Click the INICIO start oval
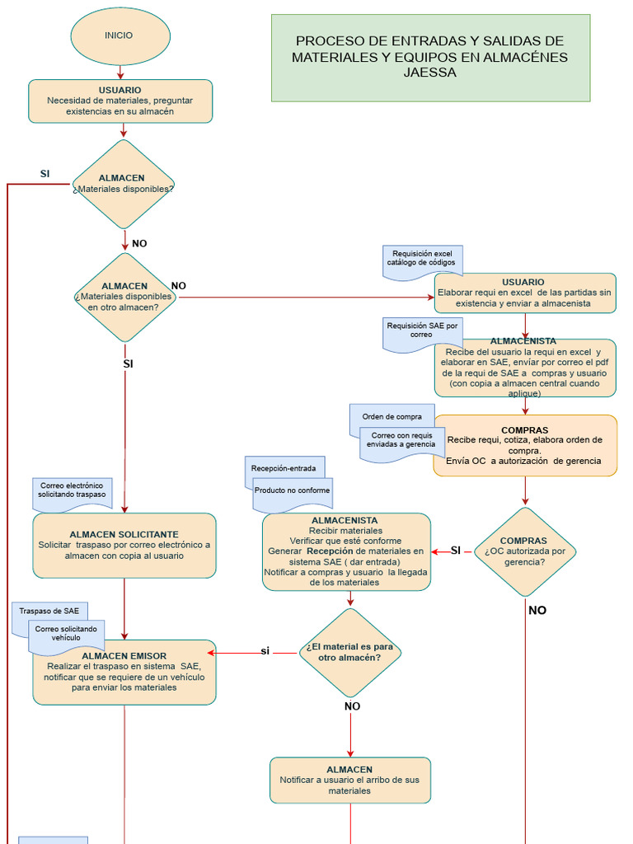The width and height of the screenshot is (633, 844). [120, 36]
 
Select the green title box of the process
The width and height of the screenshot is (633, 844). [430, 58]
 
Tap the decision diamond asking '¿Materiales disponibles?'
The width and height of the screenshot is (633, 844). [124, 184]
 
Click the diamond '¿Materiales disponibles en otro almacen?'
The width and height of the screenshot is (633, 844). [124, 297]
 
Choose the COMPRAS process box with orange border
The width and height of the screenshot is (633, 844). [525, 446]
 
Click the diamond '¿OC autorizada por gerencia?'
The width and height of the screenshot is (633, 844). [525, 551]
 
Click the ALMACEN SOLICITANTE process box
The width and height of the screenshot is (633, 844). [124, 545]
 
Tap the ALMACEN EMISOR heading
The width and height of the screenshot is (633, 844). [124, 656]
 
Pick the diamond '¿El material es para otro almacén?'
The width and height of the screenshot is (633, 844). [350, 653]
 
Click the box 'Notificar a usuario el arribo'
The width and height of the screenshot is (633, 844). [350, 780]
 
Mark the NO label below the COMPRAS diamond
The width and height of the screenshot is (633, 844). [537, 611]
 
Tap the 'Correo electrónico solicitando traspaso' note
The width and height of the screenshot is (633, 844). [72, 491]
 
